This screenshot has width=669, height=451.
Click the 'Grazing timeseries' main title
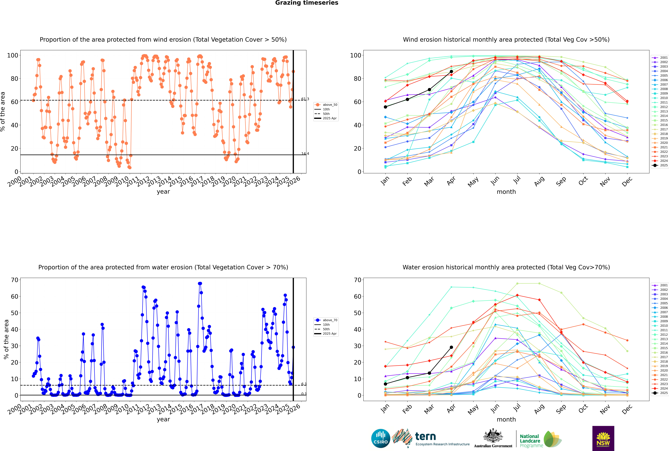[x=307, y=3]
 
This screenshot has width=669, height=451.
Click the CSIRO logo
[x=381, y=438]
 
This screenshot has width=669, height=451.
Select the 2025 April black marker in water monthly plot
[x=451, y=347]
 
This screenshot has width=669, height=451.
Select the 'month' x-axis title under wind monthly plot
[x=506, y=192]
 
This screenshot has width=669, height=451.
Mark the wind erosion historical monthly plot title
[x=506, y=40]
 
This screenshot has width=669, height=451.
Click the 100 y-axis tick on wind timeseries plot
[x=13, y=55]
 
